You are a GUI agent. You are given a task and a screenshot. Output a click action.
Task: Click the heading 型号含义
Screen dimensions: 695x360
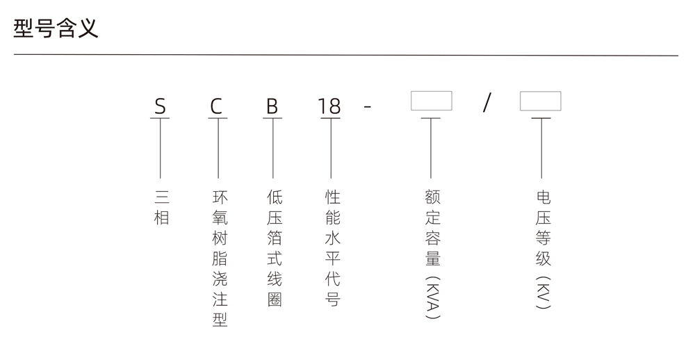(x=56, y=28)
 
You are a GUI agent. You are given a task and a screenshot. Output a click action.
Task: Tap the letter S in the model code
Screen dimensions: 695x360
(x=160, y=106)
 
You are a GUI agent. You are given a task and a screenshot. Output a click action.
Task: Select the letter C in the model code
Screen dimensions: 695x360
(x=216, y=106)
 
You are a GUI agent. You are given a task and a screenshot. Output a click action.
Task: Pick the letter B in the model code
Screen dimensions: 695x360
(x=272, y=106)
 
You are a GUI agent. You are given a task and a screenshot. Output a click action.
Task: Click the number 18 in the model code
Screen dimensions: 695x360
(x=329, y=106)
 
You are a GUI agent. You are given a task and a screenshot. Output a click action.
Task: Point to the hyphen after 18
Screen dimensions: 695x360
(x=368, y=107)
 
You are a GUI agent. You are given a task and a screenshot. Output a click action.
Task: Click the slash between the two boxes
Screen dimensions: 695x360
(x=486, y=102)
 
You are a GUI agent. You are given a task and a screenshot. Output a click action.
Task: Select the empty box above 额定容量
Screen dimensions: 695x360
(x=432, y=101)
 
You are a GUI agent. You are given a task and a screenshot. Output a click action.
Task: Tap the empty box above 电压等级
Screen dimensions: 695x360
(x=540, y=101)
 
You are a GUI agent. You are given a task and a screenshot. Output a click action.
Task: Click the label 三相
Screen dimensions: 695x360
(x=162, y=208)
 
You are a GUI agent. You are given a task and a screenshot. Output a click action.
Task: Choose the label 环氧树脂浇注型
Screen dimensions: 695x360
(x=220, y=259)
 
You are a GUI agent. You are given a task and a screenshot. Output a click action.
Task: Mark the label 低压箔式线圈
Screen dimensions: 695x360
(x=275, y=248)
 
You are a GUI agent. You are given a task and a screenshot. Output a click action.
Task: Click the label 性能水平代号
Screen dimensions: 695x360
(x=332, y=248)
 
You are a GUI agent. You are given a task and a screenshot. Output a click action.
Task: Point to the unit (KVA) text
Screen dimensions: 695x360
(x=432, y=297)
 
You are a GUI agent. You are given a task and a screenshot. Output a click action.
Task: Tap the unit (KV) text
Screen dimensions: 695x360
(x=543, y=293)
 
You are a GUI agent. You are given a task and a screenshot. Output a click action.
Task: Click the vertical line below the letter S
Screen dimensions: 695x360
(x=160, y=148)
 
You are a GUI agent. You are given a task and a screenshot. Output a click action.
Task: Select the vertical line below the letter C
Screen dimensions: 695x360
(x=218, y=148)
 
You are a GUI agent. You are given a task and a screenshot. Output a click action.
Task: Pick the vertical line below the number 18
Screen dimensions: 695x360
(x=331, y=148)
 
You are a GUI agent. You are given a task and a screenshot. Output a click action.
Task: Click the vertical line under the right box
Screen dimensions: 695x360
(x=541, y=148)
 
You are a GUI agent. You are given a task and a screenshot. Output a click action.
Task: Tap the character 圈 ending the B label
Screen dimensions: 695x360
(x=275, y=300)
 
